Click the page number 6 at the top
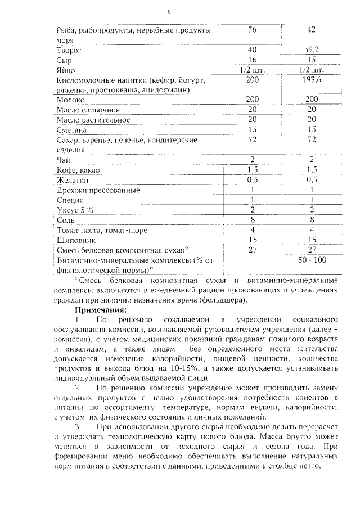tap(168, 12)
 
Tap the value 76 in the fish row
tap(252, 30)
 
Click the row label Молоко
tap(71, 99)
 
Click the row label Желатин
tap(72, 180)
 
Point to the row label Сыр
tap(64, 60)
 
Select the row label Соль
tap(66, 220)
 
